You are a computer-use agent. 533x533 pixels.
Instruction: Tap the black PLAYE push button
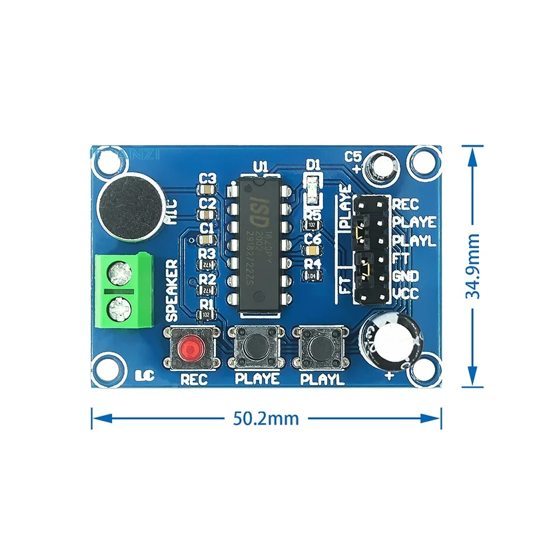click(257, 346)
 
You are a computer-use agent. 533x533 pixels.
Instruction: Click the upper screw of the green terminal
click(121, 272)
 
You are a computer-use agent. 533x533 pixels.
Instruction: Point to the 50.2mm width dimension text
click(266, 419)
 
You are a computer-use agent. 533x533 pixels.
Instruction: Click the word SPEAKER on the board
click(171, 288)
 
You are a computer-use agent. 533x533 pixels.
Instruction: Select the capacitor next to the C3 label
click(208, 191)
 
